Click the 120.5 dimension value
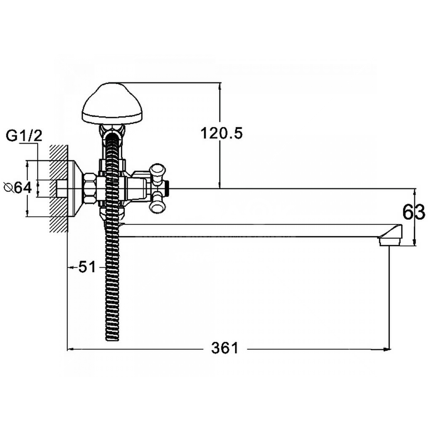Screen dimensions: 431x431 click(221, 133)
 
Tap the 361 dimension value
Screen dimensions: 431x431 click(225, 348)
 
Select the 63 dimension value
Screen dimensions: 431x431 click(414, 212)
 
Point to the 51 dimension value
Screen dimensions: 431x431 click(87, 266)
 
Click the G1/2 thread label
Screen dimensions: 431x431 click(24, 136)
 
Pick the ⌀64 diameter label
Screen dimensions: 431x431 click(18, 188)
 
